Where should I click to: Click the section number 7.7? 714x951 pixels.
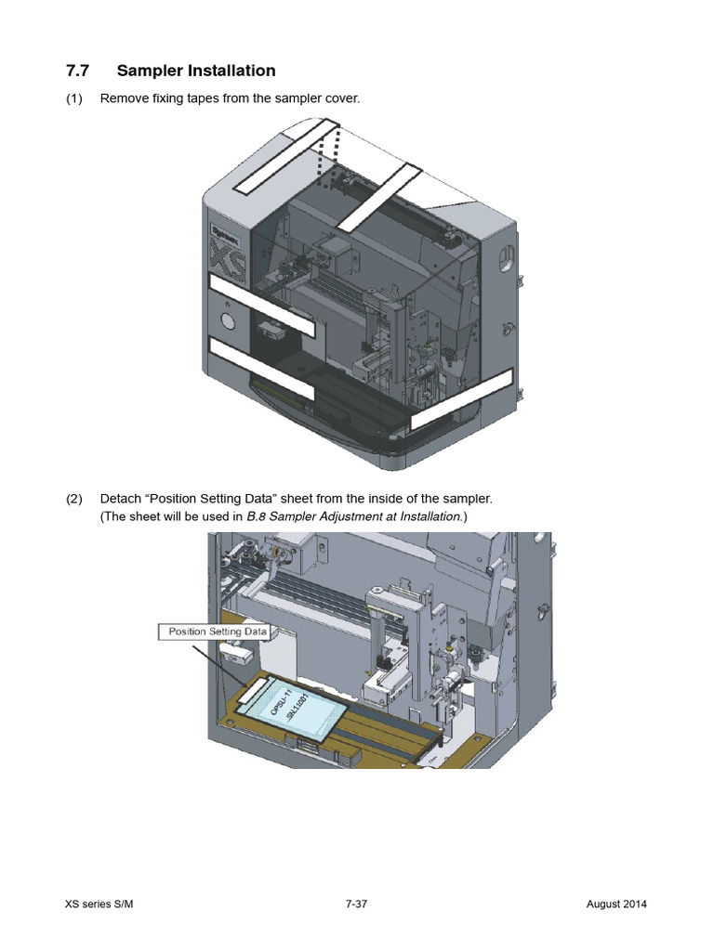click(x=79, y=71)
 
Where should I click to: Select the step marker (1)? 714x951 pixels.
click(x=74, y=98)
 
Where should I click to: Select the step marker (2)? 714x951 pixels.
click(x=74, y=499)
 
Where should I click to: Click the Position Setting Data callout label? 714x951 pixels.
click(x=217, y=632)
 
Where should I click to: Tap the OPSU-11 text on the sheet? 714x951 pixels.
click(x=281, y=702)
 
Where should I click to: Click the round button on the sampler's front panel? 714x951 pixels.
click(x=226, y=322)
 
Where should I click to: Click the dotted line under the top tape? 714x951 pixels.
click(x=328, y=158)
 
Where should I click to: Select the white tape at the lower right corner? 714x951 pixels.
click(x=462, y=397)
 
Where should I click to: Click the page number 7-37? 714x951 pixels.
click(x=356, y=905)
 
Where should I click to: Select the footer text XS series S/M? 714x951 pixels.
click(x=104, y=905)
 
